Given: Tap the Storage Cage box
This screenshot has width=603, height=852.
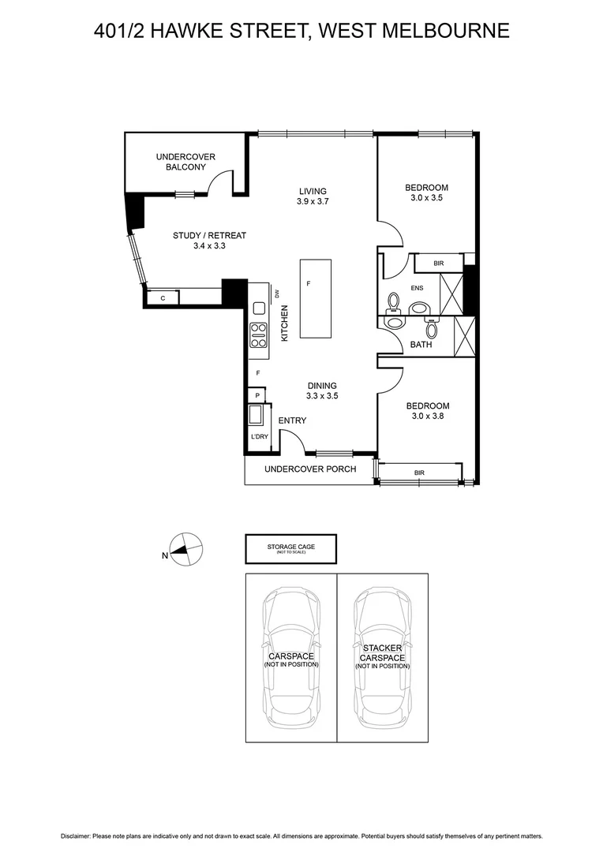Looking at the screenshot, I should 290,548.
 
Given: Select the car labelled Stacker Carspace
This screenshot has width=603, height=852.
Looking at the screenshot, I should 383,659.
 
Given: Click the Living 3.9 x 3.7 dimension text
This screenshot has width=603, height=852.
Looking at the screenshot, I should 313,202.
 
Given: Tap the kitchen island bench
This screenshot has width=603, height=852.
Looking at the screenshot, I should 316,298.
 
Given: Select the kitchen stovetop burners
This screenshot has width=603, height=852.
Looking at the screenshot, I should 258,334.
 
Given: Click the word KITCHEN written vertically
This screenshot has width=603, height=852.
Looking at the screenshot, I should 284,323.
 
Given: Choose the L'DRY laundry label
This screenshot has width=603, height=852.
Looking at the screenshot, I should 257,437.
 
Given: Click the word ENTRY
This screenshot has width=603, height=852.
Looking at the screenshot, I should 292,420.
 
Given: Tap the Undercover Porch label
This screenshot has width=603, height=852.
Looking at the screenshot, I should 310,469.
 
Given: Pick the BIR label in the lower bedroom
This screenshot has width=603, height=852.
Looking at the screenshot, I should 419,473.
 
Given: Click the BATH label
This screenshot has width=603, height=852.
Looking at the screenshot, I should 421,344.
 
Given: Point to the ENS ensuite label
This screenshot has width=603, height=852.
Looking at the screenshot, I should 417,289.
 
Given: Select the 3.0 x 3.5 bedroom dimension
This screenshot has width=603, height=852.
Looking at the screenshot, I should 426,198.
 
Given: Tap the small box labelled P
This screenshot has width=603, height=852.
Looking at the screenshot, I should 257,395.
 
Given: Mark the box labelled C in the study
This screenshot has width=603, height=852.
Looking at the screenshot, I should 163,298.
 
